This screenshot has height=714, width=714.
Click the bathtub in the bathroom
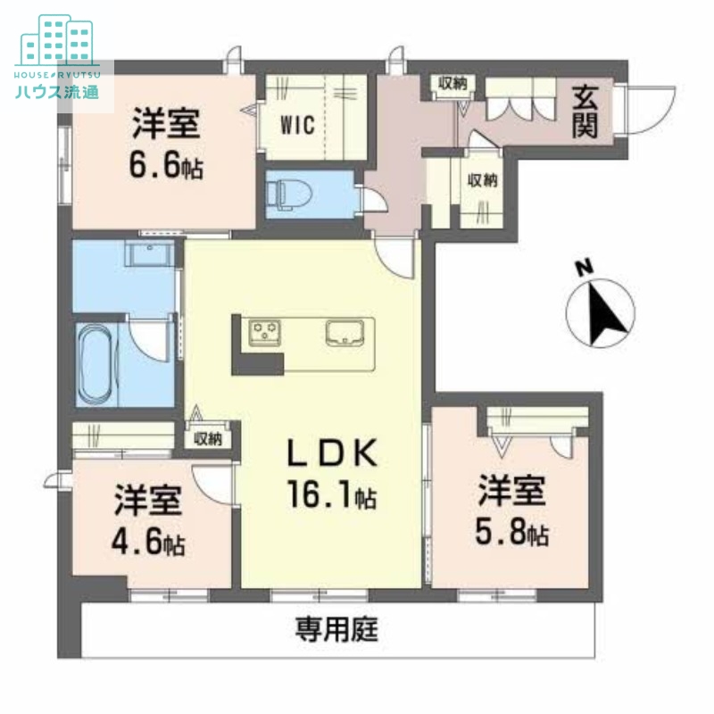[x=96, y=364]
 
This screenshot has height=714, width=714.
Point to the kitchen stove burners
[x=265, y=332]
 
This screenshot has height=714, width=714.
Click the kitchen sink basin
[x=347, y=332]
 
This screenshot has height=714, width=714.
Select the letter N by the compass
[x=584, y=267]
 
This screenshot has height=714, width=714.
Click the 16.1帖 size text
[x=330, y=494]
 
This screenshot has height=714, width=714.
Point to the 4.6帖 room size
[x=149, y=542]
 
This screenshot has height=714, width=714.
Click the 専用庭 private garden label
[x=337, y=631]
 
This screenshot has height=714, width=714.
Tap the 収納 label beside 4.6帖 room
[x=208, y=438]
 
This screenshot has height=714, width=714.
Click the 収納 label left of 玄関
[x=452, y=85]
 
